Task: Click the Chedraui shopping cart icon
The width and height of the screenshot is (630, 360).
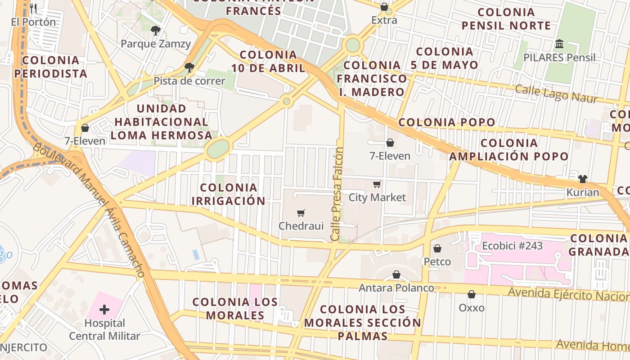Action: pyautogui.click(x=301, y=213)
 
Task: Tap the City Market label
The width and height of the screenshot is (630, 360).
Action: pyautogui.click(x=377, y=197)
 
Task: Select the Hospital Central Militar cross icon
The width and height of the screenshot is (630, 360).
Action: pyautogui.click(x=104, y=310)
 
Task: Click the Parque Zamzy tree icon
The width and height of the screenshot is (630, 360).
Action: pyautogui.click(x=156, y=31)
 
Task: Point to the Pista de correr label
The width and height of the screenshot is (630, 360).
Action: pyautogui.click(x=189, y=81)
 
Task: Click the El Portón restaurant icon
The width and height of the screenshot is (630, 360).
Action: pyautogui.click(x=33, y=9)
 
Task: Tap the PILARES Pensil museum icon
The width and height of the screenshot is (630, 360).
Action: pyautogui.click(x=559, y=44)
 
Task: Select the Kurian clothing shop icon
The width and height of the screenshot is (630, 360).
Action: pyautogui.click(x=583, y=179)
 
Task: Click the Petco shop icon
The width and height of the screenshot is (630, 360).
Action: pyautogui.click(x=437, y=248)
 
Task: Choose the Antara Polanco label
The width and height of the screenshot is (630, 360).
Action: pyautogui.click(x=396, y=288)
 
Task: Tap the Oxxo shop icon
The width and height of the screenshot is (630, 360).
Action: pyautogui.click(x=472, y=295)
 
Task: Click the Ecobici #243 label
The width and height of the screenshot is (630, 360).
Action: pyautogui.click(x=512, y=246)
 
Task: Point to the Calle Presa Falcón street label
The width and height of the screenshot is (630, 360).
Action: pyautogui.click(x=337, y=193)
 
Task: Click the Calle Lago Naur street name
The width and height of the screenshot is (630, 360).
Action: pyautogui.click(x=556, y=94)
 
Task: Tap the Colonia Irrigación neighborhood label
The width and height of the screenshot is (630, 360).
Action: pyautogui.click(x=229, y=194)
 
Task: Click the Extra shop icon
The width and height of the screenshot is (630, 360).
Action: pyautogui.click(x=384, y=7)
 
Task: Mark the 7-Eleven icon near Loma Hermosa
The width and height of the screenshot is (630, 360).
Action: pyautogui.click(x=85, y=128)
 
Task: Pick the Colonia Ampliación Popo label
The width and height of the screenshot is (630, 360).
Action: pyautogui.click(x=508, y=150)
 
